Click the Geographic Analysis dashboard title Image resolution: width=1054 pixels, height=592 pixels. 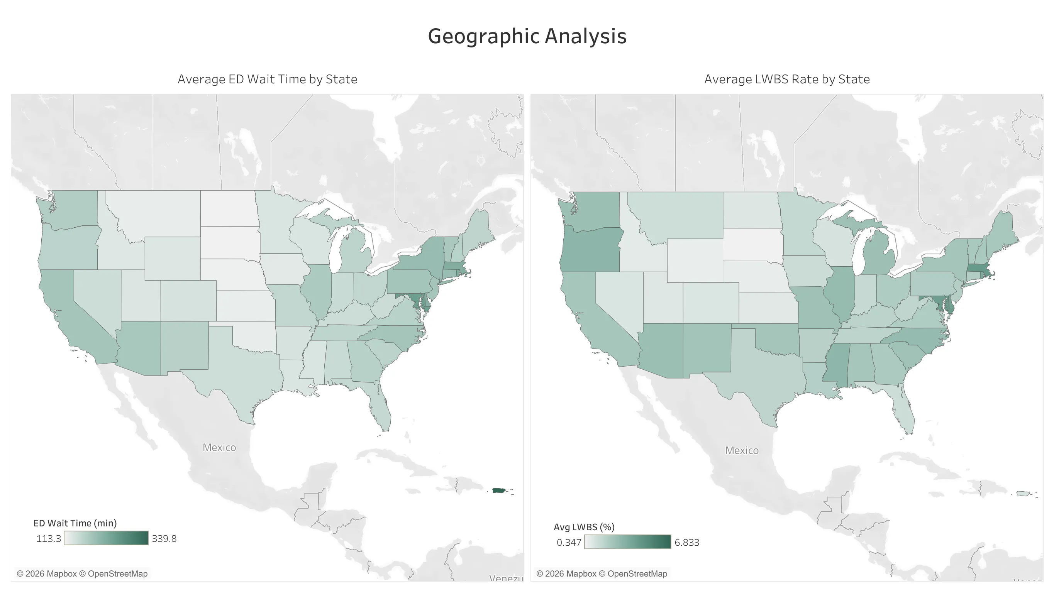click(x=527, y=36)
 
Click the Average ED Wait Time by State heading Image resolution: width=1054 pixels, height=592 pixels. click(x=267, y=79)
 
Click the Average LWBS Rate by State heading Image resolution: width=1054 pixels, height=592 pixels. click(x=786, y=79)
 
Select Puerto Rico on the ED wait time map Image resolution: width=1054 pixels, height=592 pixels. click(x=498, y=491)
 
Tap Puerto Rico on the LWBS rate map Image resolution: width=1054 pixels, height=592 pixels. click(x=1022, y=494)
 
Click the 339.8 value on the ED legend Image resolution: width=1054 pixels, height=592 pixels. click(x=164, y=538)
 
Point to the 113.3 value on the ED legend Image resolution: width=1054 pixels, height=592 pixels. click(x=48, y=538)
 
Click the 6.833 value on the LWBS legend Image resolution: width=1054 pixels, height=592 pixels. click(x=686, y=543)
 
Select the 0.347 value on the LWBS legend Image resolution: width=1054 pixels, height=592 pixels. click(x=569, y=543)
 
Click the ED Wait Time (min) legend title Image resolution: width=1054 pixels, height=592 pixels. click(x=75, y=523)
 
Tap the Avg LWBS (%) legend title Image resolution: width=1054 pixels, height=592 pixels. click(x=584, y=527)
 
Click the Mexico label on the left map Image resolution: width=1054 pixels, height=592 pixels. click(x=219, y=447)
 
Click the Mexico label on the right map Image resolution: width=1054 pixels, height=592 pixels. click(x=741, y=450)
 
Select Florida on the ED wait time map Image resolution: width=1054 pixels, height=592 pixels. click(x=381, y=409)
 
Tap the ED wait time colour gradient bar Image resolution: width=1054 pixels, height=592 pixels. click(x=106, y=538)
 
